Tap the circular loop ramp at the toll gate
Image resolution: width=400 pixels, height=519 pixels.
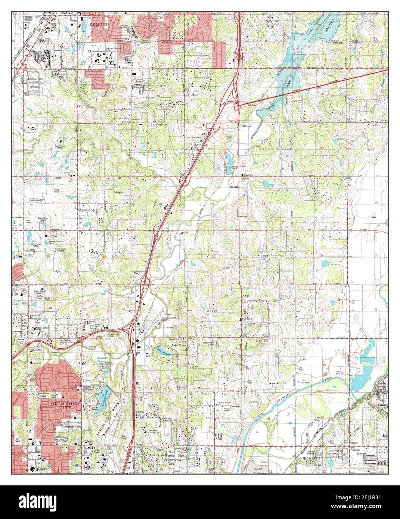click(x=236, y=108)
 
